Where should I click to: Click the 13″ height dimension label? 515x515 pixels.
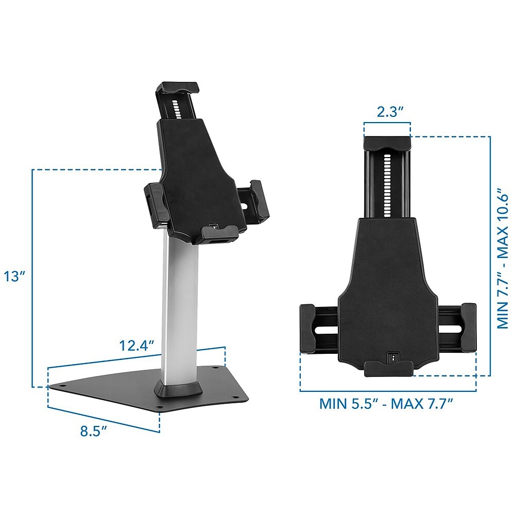point(14,277)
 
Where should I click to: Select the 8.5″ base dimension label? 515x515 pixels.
point(94,431)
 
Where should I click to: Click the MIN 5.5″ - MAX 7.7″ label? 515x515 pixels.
point(386,404)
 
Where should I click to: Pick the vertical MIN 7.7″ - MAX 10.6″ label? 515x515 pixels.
point(502,258)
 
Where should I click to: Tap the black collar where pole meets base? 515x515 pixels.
point(179,389)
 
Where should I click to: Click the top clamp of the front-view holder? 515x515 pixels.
point(387,143)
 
